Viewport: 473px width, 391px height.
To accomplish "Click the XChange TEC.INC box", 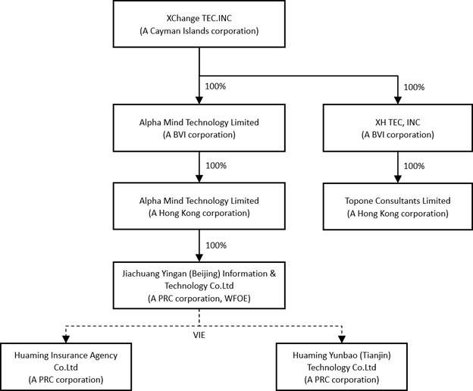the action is pos(199,23).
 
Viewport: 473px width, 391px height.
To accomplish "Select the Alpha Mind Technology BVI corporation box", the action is pos(199,128).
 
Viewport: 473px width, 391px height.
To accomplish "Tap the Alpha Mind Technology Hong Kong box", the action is pos(199,206).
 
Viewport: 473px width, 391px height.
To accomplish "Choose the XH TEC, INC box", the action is pos(398,128).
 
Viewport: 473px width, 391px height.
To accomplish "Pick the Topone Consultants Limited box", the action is pos(398,207).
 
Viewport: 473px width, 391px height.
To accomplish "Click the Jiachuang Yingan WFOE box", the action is pos(199,286).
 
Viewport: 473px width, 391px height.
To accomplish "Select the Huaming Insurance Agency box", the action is pos(66,367).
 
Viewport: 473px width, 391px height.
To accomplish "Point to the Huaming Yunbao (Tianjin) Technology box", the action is pos(341,367).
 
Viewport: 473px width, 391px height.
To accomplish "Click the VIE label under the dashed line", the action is pos(199,335).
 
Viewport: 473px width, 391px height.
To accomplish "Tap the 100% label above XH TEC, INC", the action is pos(414,87).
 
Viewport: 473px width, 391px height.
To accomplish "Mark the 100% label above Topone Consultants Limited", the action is pos(414,166).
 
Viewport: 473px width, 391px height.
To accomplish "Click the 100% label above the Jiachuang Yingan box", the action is pos(216,246).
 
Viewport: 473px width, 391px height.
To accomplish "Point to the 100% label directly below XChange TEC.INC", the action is pos(215,86).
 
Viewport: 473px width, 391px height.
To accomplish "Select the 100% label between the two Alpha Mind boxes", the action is pos(216,165).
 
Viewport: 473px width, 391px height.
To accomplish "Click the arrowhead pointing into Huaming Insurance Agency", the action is pos(66,339).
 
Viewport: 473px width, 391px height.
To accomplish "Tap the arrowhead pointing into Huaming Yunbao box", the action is pos(341,339).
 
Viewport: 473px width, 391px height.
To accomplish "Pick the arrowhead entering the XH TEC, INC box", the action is pos(398,100).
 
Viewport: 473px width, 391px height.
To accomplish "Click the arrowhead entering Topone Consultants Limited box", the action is pos(398,179).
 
